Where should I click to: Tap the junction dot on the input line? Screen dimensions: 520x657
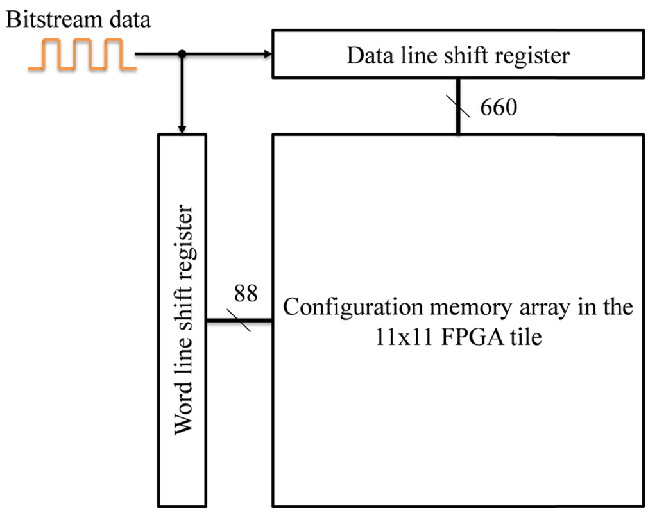[x=182, y=55]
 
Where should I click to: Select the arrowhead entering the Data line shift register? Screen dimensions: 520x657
[x=267, y=55]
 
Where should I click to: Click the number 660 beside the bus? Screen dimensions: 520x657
[x=499, y=108]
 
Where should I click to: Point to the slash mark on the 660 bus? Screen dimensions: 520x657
[x=458, y=106]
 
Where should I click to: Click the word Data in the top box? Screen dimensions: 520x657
[x=367, y=55]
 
